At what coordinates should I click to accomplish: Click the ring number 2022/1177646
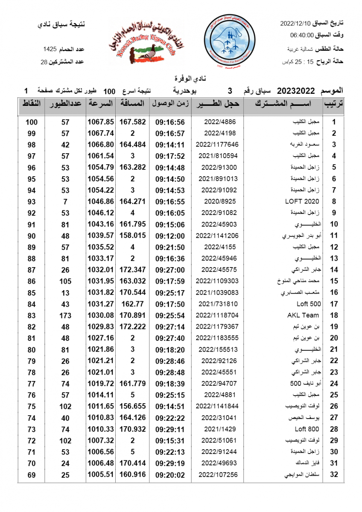217,145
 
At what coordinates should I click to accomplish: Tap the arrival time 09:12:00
170,236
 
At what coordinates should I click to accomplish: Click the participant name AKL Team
303,315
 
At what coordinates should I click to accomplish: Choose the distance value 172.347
132,270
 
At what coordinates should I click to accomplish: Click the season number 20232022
296,91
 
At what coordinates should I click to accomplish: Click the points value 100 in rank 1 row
31,122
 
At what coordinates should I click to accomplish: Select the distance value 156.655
132,406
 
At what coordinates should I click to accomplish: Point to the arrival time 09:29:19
170,463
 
